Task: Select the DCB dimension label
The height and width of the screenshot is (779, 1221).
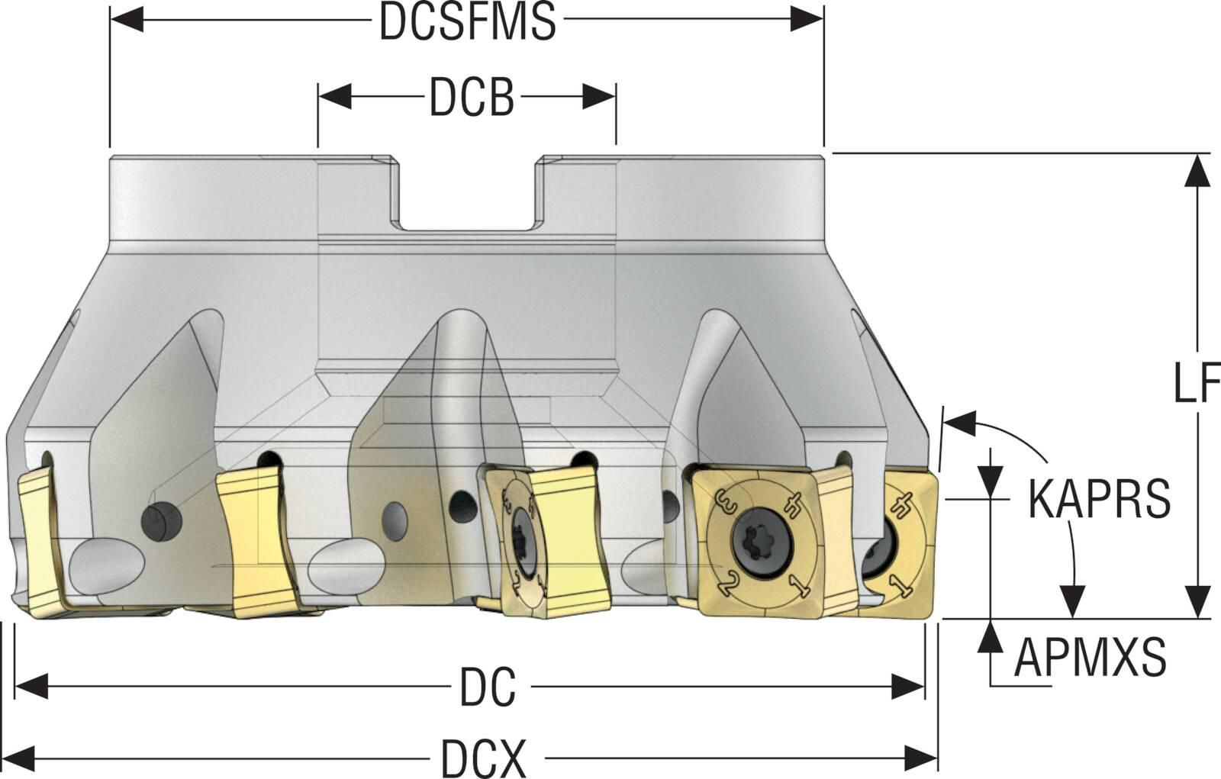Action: (471, 97)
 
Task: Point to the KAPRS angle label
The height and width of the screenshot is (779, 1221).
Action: (1099, 499)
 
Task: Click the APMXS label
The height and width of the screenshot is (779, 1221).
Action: (1090, 657)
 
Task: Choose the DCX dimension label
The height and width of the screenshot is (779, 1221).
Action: (483, 758)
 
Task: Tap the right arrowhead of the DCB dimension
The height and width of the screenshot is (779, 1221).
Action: (600, 97)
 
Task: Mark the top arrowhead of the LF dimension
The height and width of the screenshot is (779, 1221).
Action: (1200, 169)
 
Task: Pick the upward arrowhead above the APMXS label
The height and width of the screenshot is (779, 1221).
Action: (991, 636)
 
